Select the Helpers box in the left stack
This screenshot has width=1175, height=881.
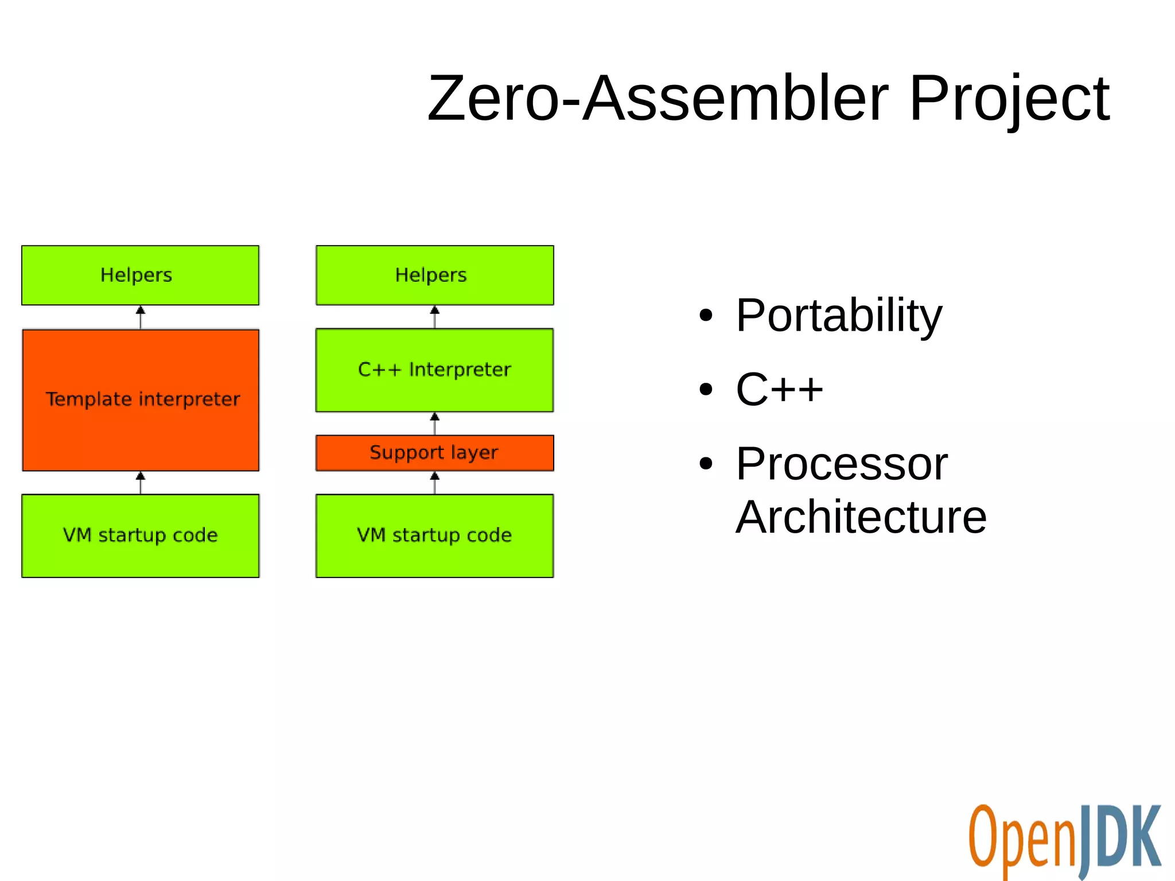click(x=140, y=275)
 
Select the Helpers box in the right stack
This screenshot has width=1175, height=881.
click(x=434, y=275)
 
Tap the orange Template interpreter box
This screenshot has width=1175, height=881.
click(x=141, y=400)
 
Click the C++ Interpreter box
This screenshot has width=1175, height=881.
click(x=434, y=370)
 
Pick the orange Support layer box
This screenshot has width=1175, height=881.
click(x=434, y=453)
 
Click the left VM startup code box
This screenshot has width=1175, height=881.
click(x=141, y=535)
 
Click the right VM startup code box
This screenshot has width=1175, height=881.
click(x=434, y=535)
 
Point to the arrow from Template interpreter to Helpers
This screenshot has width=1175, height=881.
click(x=141, y=317)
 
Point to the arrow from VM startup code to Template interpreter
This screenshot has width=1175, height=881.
click(x=141, y=483)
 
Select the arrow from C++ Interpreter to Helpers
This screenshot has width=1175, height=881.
click(x=434, y=317)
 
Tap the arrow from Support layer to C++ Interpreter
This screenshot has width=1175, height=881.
click(x=434, y=424)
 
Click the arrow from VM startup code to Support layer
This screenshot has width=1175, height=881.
click(x=434, y=483)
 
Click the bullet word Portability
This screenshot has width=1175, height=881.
click(x=838, y=316)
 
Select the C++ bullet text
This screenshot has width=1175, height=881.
click(x=779, y=389)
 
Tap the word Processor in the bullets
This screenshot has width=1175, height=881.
click(x=841, y=464)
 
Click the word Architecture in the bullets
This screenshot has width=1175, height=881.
click(x=861, y=517)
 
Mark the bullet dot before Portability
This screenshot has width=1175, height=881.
click(x=706, y=316)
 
